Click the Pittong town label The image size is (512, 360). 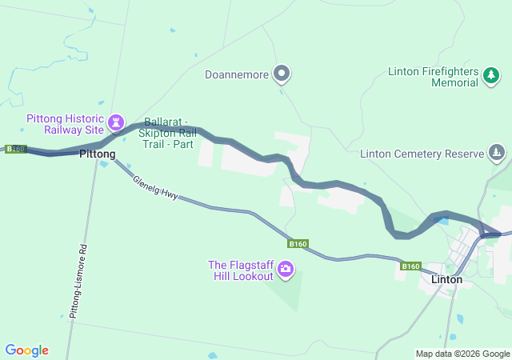coord(97,153)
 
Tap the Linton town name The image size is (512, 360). coord(446,280)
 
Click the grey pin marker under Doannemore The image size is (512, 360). coord(282,74)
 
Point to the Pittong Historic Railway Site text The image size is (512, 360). coord(65,123)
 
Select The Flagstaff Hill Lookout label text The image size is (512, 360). coord(239,270)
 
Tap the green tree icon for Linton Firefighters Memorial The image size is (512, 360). coord(490,76)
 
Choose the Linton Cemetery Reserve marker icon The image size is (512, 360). coord(497,153)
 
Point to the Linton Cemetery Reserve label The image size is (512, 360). coord(422,153)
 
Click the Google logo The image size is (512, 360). coord(26,350)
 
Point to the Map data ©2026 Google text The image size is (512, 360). coord(462,354)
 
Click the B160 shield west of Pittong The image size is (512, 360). coord(15,149)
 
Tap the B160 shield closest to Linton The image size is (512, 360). coord(410,266)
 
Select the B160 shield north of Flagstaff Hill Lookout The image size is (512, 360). coord(298,243)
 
